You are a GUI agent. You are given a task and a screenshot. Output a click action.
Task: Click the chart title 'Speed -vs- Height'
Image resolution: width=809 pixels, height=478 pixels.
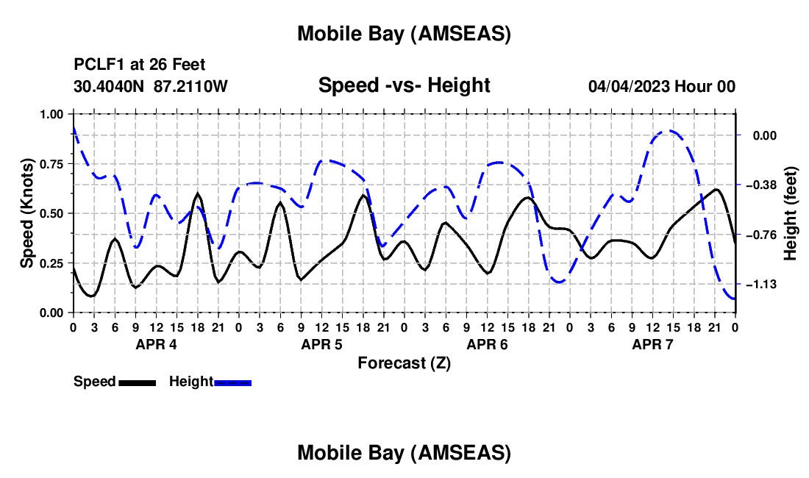coord(404,86)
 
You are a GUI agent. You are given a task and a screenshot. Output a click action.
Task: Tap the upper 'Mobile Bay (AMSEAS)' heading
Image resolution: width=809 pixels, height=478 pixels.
coord(404,34)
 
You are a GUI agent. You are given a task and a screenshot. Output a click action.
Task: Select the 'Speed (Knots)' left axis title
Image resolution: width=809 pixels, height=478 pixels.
coord(26,213)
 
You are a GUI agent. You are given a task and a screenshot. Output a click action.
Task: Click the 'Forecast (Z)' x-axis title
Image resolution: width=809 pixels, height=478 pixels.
coord(404,363)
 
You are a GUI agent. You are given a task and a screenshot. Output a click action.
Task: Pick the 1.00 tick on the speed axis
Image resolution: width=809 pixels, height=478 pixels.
coord(51,115)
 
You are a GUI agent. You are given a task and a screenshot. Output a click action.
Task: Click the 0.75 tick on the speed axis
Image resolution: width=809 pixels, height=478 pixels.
coord(51,164)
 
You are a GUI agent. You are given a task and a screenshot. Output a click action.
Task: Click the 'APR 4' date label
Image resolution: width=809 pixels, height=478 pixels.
coord(156,344)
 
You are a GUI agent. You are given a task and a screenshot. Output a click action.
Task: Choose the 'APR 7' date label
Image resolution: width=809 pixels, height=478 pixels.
coord(652,344)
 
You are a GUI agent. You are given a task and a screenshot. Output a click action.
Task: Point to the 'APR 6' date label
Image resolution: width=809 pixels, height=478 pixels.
coord(487,344)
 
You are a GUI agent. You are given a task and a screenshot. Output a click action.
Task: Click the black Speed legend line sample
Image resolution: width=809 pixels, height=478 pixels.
coord(137,382)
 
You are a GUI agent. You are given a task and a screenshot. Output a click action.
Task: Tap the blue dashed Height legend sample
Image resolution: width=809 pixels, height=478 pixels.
coord(232,382)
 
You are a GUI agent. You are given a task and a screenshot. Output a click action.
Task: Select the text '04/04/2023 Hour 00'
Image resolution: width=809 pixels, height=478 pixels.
coord(661,87)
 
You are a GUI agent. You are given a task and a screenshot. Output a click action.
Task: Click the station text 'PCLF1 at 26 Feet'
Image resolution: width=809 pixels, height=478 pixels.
coord(139,65)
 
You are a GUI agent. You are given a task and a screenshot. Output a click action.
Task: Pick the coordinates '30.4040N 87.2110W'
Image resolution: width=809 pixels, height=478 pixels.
coord(150,87)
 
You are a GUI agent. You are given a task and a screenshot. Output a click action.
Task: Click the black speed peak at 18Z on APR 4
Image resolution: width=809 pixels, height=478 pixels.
coord(198,194)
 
